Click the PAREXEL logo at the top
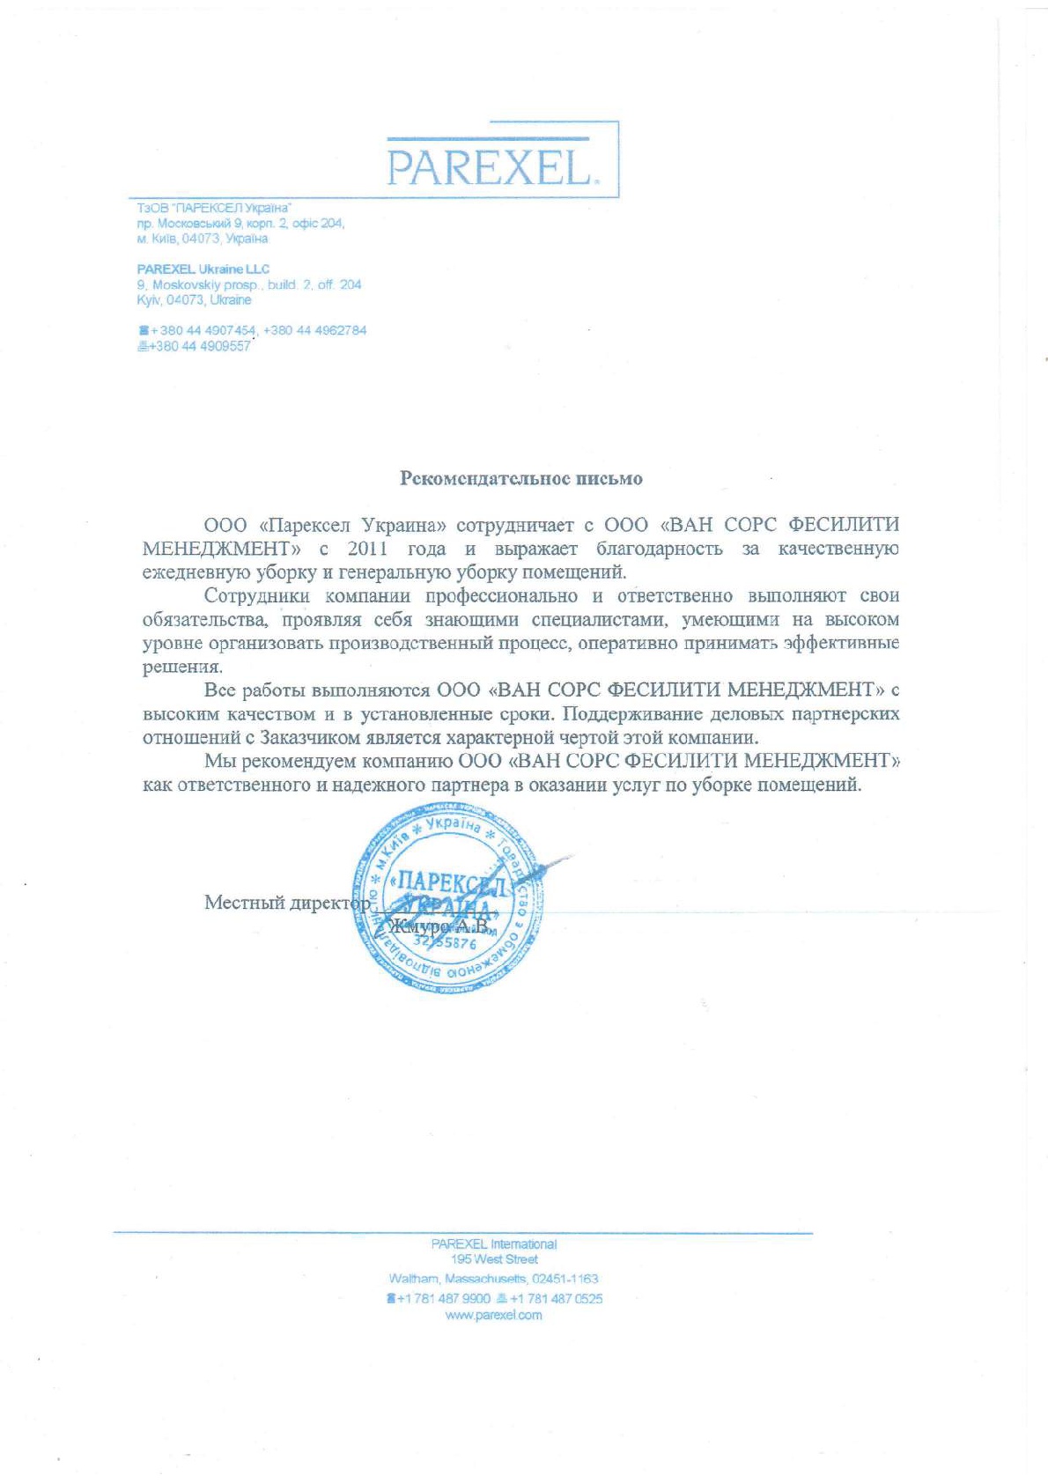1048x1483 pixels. pyautogui.click(x=490, y=166)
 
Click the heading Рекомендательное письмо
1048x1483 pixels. pyautogui.click(x=521, y=479)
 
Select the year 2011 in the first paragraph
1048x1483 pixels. pyautogui.click(x=367, y=550)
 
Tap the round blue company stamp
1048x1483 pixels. pyautogui.click(x=448, y=903)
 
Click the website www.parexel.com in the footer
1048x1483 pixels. pyautogui.click(x=493, y=1316)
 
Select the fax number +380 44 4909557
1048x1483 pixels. pyautogui.click(x=199, y=346)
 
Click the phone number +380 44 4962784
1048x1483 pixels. pyautogui.click(x=314, y=330)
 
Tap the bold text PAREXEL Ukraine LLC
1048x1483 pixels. pyautogui.click(x=203, y=269)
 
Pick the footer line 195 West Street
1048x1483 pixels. pyautogui.click(x=493, y=1259)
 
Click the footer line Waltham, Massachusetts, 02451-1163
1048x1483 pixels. pyautogui.click(x=493, y=1279)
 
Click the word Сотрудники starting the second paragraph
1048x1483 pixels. pyautogui.click(x=255, y=596)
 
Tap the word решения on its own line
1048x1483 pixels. pyautogui.click(x=182, y=668)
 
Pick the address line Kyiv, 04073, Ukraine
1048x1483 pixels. pyautogui.click(x=194, y=300)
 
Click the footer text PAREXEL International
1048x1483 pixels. pyautogui.click(x=493, y=1244)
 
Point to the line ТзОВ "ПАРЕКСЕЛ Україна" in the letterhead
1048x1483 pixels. pyautogui.click(x=214, y=209)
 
